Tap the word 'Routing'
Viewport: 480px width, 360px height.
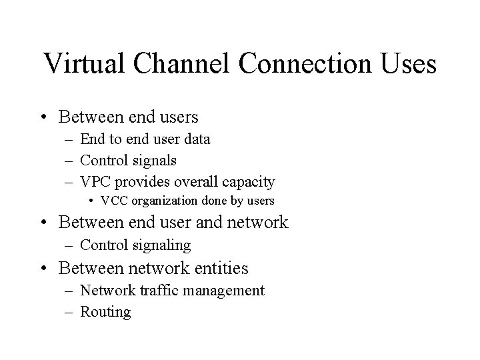point(105,311)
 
